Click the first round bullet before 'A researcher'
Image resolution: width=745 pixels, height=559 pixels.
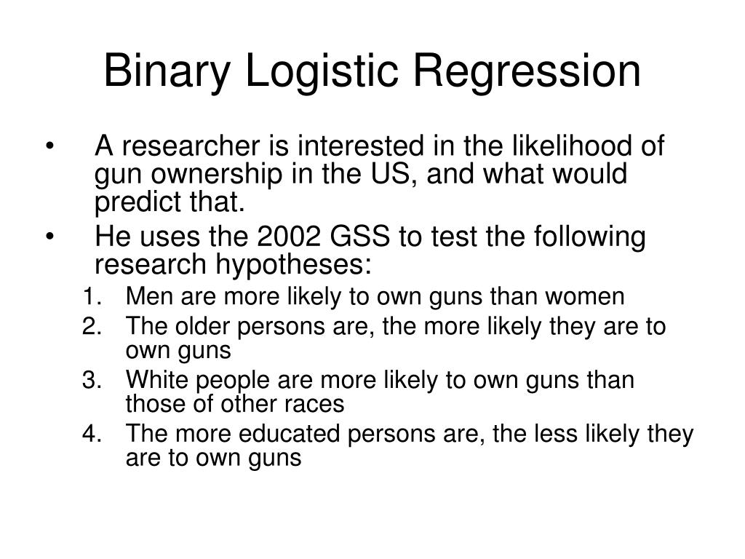tap(49, 148)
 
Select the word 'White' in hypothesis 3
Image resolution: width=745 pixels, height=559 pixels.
tap(153, 380)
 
